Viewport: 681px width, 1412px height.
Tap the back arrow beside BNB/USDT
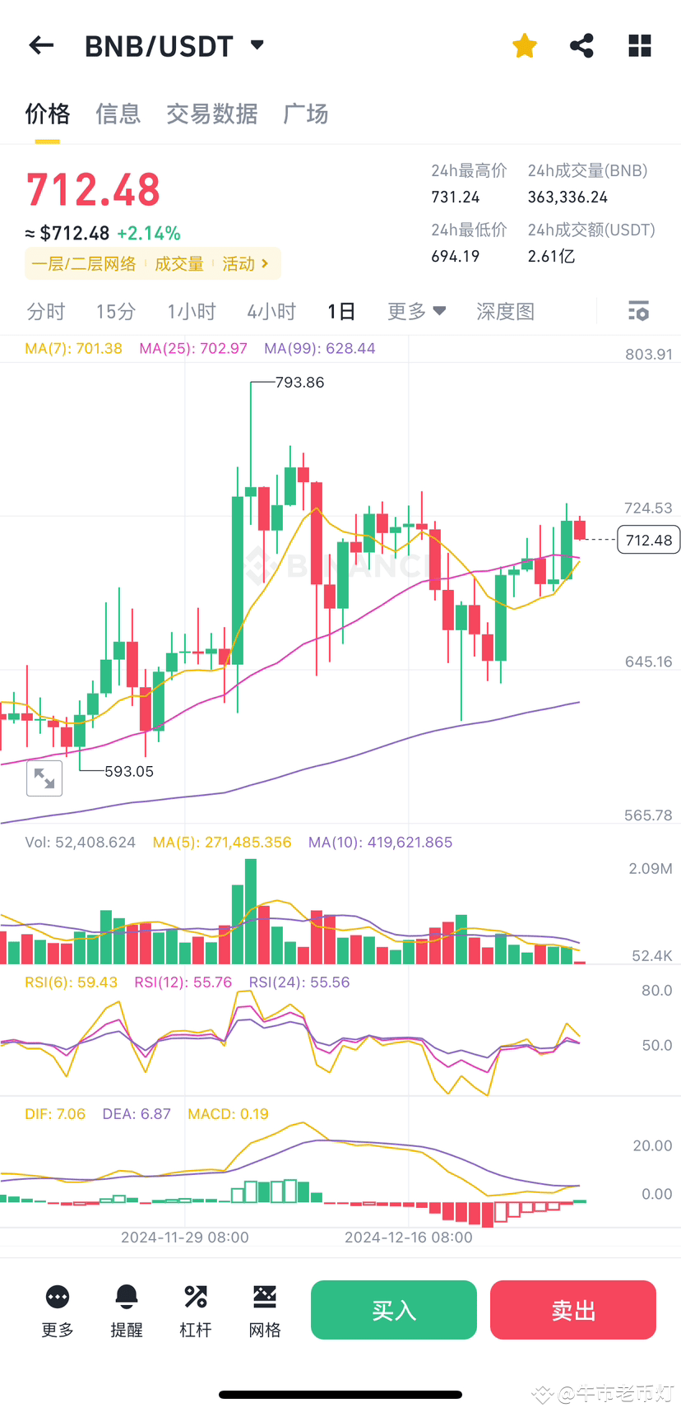[x=41, y=46]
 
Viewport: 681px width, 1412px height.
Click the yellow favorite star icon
[x=524, y=46]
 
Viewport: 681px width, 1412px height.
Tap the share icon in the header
[x=581, y=46]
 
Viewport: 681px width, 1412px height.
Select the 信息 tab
[x=118, y=114]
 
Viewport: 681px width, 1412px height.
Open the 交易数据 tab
[x=211, y=114]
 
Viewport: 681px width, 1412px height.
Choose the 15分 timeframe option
[x=115, y=312]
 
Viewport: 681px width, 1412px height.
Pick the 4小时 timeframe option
[x=271, y=312]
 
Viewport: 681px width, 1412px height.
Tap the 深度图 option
[x=505, y=312]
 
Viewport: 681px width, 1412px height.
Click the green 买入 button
[x=393, y=1310]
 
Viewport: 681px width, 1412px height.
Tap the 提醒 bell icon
[x=127, y=1298]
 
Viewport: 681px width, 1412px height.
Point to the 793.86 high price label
[x=299, y=383]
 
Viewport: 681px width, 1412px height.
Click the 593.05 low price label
[x=129, y=772]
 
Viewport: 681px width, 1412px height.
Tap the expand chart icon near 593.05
[x=44, y=778]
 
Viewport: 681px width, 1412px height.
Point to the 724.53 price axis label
[x=648, y=509]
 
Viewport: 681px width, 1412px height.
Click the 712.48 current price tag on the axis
[x=648, y=541]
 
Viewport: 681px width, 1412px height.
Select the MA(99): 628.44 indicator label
[x=319, y=349]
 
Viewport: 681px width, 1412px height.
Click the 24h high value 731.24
[x=456, y=197]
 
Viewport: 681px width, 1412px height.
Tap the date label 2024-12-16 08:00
[x=408, y=1238]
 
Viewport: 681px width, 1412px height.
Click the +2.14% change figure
[x=149, y=234]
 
